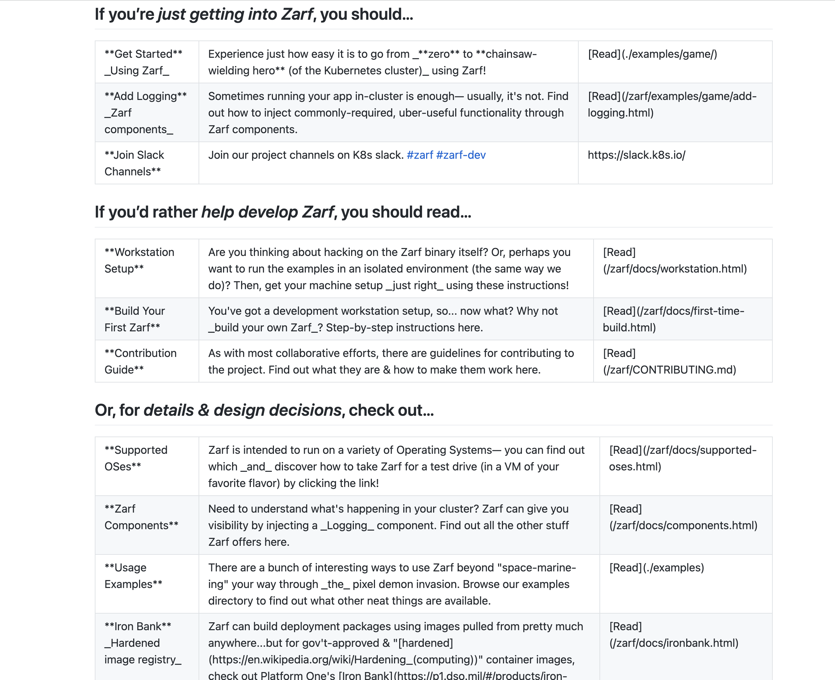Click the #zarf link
click(420, 155)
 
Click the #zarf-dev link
click(461, 155)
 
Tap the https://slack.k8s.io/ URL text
click(636, 155)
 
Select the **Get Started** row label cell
click(143, 62)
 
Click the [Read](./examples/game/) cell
click(652, 54)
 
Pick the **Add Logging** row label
click(145, 112)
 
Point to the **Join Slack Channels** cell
click(134, 163)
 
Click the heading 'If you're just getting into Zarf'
click(254, 15)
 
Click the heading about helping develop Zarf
click(283, 212)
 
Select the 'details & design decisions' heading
click(264, 410)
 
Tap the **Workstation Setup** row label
click(139, 260)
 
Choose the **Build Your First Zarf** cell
click(134, 319)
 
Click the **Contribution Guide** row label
click(140, 361)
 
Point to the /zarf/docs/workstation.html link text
click(675, 269)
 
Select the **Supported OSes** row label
click(136, 458)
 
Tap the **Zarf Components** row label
click(141, 517)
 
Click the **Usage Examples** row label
click(133, 576)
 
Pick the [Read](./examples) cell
click(657, 568)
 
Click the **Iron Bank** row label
click(143, 643)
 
